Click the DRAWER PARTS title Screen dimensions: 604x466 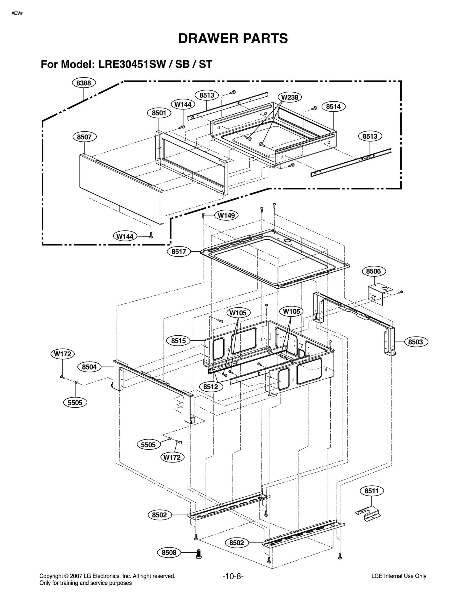tap(233, 38)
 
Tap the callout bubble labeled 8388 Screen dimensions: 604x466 tap(84, 83)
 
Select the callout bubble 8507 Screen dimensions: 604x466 tap(84, 137)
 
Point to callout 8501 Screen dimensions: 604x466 tap(159, 113)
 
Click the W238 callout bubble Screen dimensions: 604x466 tap(290, 97)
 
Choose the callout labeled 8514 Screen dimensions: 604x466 tap(333, 107)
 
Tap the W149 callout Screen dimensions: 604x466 tap(226, 216)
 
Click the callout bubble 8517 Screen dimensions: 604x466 tap(179, 251)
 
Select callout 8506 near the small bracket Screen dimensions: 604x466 tap(373, 271)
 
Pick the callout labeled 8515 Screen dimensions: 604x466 tap(178, 341)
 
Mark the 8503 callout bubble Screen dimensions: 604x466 tap(416, 342)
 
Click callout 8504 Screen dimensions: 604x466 tap(89, 367)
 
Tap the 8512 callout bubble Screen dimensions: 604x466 tap(211, 387)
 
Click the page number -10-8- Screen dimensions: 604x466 tap(233, 576)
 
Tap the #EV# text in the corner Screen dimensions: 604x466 tap(17, 14)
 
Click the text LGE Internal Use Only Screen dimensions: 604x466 tap(399, 576)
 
